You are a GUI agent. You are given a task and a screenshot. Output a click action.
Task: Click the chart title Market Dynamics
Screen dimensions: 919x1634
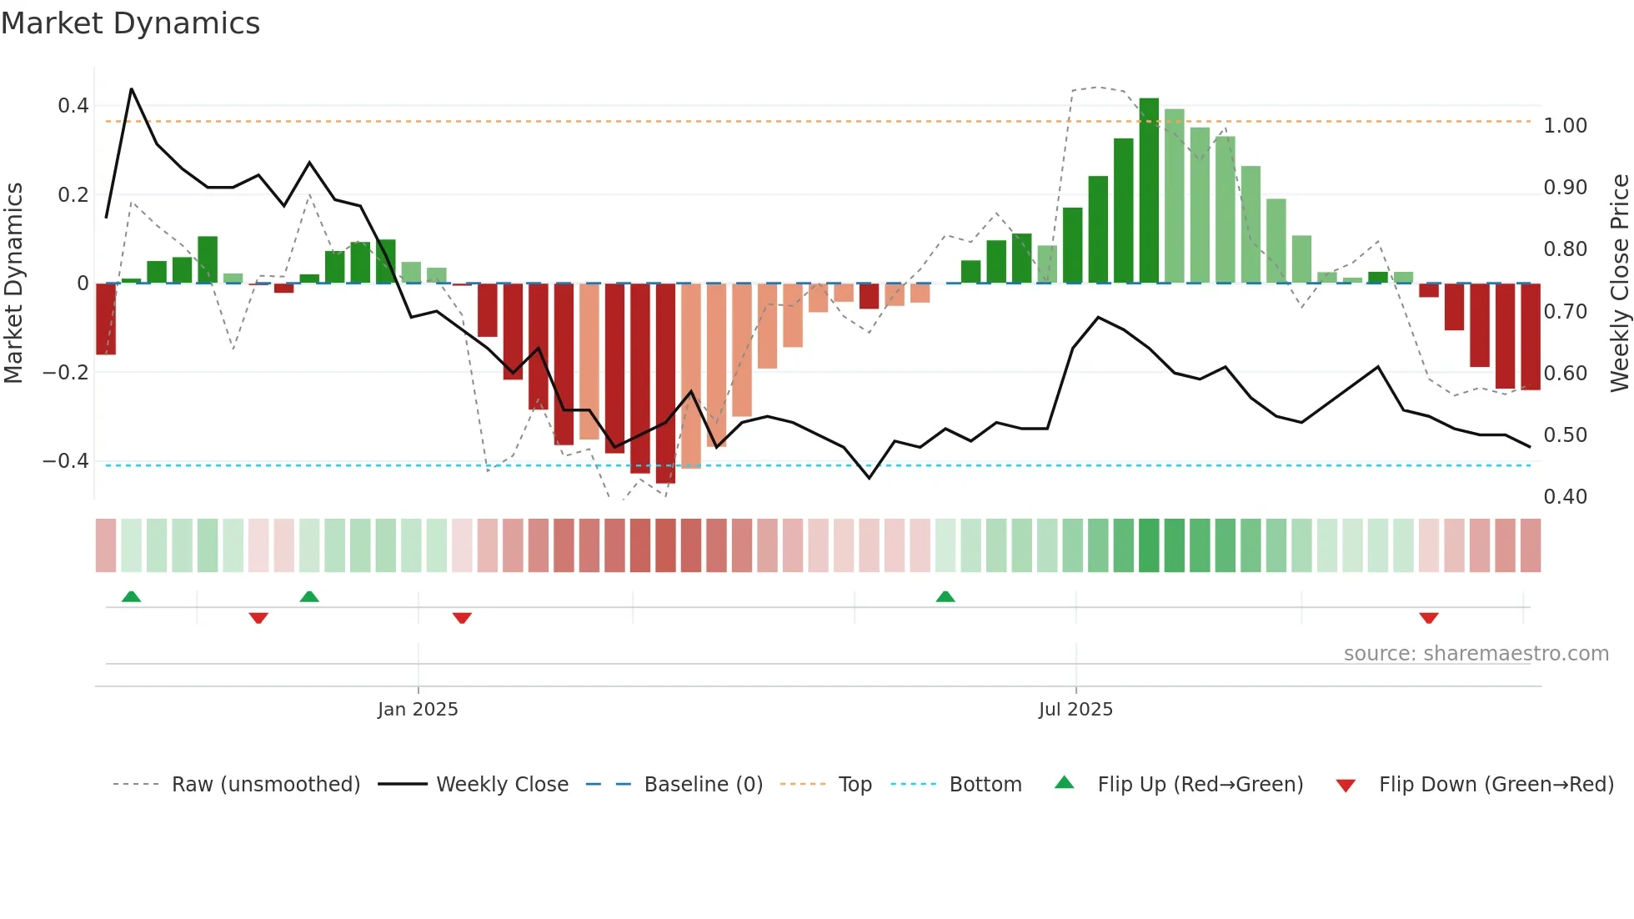[131, 23]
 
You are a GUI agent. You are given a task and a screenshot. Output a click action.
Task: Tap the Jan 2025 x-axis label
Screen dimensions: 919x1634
[418, 710]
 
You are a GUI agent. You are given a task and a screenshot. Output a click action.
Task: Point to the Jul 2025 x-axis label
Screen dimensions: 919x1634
[1075, 710]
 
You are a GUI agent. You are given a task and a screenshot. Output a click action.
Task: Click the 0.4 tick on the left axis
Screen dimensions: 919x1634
[73, 106]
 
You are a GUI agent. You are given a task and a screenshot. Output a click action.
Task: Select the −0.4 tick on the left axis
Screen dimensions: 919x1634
[66, 461]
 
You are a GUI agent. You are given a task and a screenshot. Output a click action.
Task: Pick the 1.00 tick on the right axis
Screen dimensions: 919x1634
[1565, 126]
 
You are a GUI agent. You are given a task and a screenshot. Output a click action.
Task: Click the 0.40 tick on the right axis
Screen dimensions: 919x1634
[1565, 497]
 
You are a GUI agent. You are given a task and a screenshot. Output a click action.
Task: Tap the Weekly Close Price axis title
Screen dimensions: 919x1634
[1619, 284]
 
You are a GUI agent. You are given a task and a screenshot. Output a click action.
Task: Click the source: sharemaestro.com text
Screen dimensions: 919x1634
[1476, 654]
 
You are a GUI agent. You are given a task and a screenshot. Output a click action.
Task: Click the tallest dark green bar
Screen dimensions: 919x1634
[1149, 192]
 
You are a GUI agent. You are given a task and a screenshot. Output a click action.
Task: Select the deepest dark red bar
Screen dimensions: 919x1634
[665, 384]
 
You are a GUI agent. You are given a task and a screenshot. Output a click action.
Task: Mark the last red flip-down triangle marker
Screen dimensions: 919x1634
[1429, 618]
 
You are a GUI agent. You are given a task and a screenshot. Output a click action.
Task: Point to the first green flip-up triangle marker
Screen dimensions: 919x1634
[131, 596]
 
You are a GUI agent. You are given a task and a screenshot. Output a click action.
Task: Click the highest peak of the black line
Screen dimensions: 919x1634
[132, 89]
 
